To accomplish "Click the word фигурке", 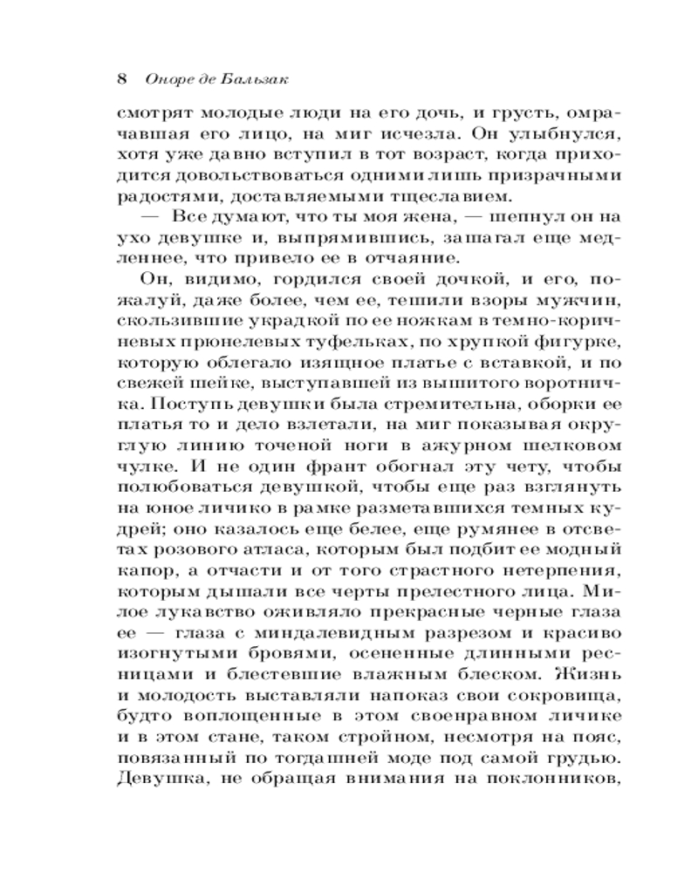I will (x=574, y=338).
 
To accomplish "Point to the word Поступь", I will (x=163, y=399).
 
